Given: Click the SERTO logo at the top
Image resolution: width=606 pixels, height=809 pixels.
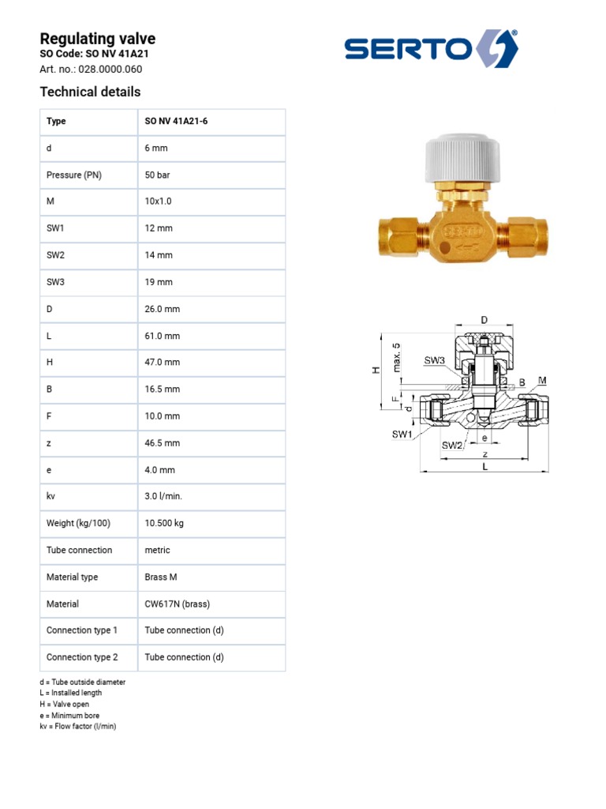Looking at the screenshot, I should click(x=431, y=49).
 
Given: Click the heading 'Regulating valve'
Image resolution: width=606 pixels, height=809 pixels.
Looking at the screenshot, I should click(x=97, y=39).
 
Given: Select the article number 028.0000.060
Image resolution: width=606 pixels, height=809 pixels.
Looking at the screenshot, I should click(x=91, y=69).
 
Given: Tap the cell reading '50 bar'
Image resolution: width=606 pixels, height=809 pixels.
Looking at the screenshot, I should click(x=157, y=175).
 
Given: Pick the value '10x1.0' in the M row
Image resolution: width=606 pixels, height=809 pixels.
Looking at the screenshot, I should click(x=158, y=201).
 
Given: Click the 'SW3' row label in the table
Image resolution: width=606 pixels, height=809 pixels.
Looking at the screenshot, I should click(x=57, y=282).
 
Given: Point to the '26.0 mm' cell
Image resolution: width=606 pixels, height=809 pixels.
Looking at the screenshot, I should click(x=162, y=309).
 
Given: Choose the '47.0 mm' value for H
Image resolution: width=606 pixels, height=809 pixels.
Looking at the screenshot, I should click(x=162, y=363).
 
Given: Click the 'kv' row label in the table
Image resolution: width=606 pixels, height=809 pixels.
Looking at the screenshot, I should click(x=51, y=496).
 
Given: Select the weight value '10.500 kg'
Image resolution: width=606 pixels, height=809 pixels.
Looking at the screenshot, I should click(x=165, y=523).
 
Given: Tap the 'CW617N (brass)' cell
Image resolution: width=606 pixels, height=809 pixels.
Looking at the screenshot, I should click(x=177, y=604).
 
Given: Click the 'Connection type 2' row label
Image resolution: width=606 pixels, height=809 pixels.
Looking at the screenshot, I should click(x=82, y=657).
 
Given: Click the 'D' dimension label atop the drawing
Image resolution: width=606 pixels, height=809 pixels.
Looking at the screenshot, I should click(x=484, y=319).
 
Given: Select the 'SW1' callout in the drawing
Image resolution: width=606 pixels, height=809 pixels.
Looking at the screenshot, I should click(x=402, y=435).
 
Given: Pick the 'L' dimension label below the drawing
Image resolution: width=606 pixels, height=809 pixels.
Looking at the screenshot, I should click(x=485, y=467).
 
